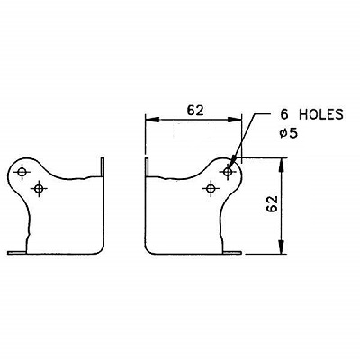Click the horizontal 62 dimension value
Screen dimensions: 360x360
point(195,111)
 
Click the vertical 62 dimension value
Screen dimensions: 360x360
point(272,204)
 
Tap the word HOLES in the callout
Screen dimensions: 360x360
point(320,114)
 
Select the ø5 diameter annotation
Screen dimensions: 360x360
point(289,133)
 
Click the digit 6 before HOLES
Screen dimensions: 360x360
point(284,114)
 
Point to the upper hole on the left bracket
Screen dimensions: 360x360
point(22,172)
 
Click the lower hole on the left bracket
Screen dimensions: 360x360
point(39,189)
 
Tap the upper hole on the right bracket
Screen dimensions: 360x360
point(228,172)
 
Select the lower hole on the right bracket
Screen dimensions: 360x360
point(211,189)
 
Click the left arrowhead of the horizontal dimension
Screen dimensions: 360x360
point(152,120)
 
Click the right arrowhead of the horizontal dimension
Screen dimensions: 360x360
point(234,120)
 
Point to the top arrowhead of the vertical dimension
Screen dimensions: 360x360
point(281,165)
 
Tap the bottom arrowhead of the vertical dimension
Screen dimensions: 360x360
point(281,247)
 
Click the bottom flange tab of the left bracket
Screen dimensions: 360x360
point(17,253)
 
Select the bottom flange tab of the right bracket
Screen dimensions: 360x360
point(232,253)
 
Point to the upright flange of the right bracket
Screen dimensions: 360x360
point(147,167)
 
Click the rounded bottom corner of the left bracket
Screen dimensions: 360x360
point(101,251)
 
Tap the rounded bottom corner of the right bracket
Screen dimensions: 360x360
point(148,251)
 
